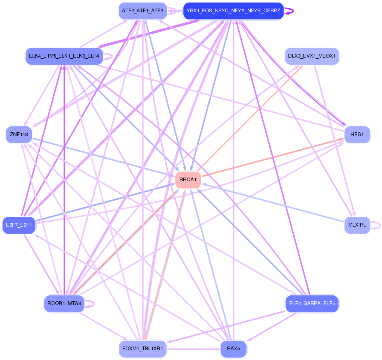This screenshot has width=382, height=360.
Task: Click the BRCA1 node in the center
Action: click(x=188, y=180)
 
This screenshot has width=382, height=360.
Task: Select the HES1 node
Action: click(x=357, y=135)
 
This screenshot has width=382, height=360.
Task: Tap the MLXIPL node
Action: click(x=357, y=225)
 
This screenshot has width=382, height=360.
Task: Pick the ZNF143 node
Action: click(x=19, y=134)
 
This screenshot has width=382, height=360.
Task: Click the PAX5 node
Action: click(x=233, y=349)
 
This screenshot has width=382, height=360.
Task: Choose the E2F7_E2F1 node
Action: click(x=19, y=225)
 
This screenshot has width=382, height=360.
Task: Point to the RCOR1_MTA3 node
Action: click(x=64, y=303)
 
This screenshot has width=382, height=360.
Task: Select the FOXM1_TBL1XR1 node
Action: click(x=143, y=349)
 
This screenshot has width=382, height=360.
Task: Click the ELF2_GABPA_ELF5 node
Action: click(x=312, y=303)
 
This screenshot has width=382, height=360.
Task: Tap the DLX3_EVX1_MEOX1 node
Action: click(x=312, y=56)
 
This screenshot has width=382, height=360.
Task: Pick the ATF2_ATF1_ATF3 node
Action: click(x=143, y=11)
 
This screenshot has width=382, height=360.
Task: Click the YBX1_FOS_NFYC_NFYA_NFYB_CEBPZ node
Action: click(x=233, y=11)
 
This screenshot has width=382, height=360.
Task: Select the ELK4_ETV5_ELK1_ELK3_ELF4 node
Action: click(x=64, y=56)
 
